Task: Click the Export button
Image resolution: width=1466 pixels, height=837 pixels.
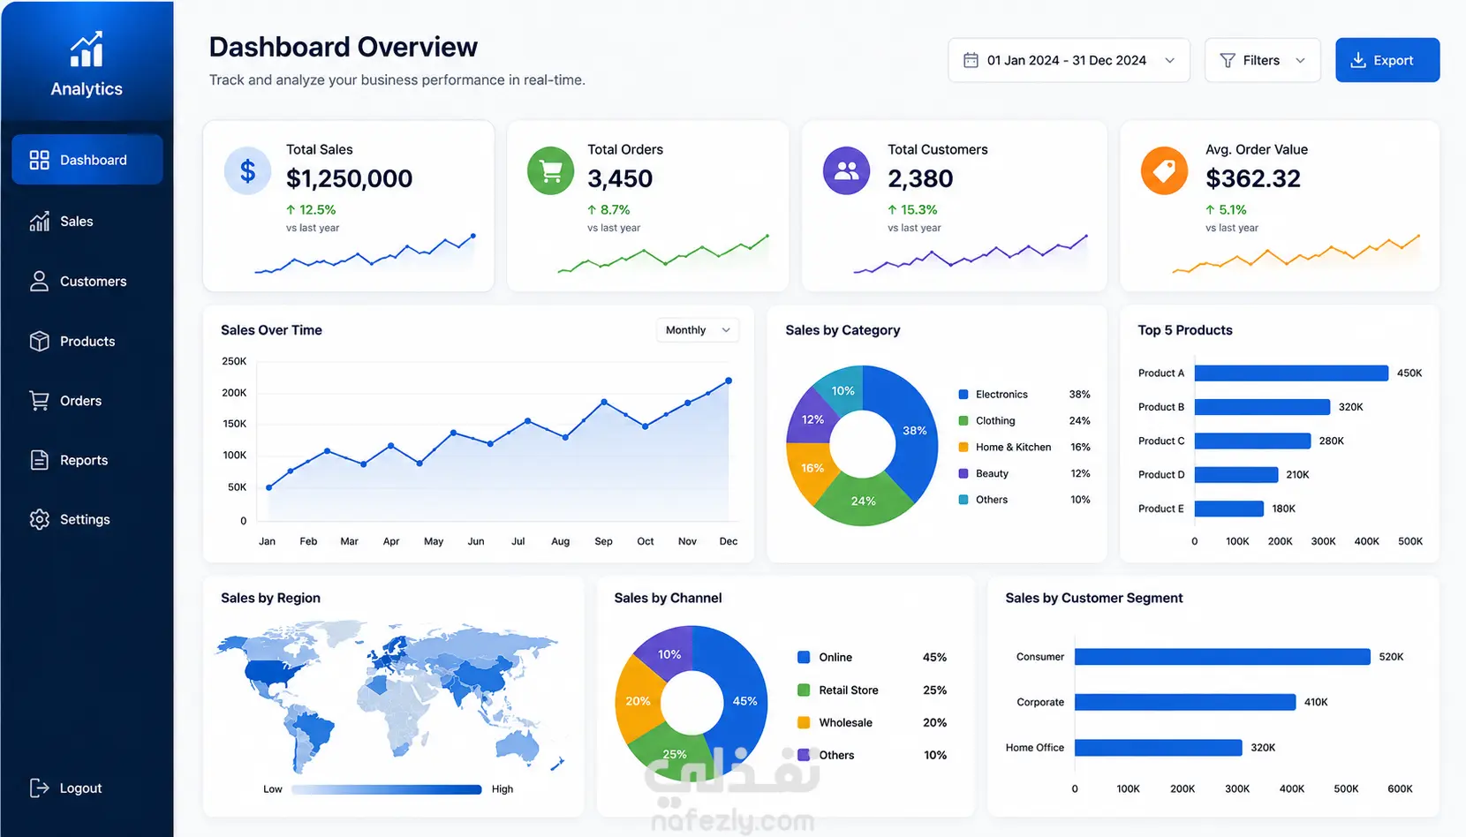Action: point(1387,60)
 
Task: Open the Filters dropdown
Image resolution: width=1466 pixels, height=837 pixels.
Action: point(1262,60)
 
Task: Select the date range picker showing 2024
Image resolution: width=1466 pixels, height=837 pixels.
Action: point(1068,60)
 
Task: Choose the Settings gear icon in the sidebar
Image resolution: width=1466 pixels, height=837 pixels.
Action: point(39,519)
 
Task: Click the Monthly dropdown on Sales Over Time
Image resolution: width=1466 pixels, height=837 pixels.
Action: point(698,330)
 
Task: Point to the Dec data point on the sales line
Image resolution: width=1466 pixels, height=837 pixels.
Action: point(729,381)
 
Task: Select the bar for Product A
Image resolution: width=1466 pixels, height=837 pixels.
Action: point(1291,373)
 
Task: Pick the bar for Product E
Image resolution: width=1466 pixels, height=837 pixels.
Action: point(1229,509)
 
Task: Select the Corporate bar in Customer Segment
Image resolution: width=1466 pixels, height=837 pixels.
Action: point(1185,702)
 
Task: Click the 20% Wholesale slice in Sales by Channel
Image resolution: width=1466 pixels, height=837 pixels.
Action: point(637,700)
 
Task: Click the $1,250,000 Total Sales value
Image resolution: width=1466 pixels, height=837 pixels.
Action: point(350,178)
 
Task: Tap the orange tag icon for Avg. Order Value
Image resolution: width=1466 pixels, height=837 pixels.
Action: point(1164,170)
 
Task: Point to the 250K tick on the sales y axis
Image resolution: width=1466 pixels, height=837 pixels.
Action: point(234,361)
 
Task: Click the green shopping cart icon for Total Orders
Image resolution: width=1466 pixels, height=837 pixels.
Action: point(550,170)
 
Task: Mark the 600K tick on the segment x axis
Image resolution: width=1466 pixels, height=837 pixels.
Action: point(1400,788)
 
